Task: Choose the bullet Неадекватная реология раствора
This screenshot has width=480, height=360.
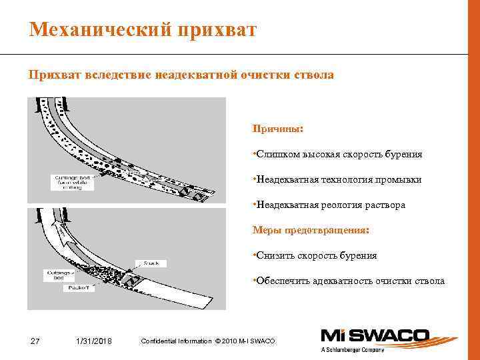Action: [x=329, y=205]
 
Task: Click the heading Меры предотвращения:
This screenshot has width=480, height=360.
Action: [x=310, y=230]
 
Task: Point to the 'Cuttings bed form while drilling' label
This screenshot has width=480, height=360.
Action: [x=73, y=181]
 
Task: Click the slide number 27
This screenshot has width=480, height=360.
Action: [x=36, y=342]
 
